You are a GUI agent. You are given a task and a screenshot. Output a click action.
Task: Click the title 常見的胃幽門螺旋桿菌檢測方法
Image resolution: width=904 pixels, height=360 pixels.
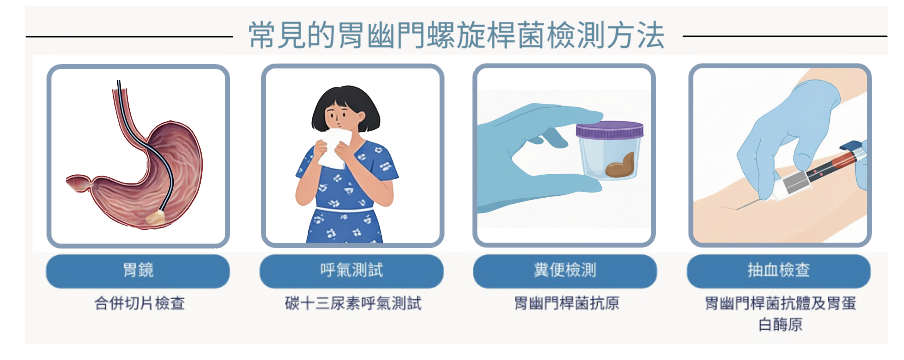tap(457, 36)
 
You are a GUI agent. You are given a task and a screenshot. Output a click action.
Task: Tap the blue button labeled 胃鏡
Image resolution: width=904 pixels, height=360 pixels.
tap(138, 271)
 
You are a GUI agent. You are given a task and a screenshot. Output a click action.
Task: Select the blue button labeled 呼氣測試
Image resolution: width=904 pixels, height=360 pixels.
tap(351, 271)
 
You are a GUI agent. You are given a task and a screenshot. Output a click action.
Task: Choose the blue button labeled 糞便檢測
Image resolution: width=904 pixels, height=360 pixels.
tap(565, 271)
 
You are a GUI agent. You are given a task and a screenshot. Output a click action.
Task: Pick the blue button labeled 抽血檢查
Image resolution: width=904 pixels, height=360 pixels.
tap(778, 271)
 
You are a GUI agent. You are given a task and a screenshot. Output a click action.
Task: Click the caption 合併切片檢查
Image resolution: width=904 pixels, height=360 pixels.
tap(140, 303)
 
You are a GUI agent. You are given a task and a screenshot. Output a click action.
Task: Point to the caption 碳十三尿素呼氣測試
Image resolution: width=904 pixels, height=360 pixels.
tap(353, 303)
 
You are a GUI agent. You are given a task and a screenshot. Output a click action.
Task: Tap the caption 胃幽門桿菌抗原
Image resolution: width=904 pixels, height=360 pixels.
tap(566, 303)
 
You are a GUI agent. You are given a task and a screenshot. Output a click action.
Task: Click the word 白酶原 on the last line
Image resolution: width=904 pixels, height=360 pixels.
tap(780, 325)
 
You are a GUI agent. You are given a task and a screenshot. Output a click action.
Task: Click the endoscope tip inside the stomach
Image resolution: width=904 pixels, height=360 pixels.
tap(155, 217)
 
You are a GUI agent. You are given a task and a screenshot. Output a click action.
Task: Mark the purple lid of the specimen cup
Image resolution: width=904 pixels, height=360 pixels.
tap(609, 130)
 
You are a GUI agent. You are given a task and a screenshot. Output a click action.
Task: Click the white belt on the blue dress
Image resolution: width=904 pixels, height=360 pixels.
tap(345, 209)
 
